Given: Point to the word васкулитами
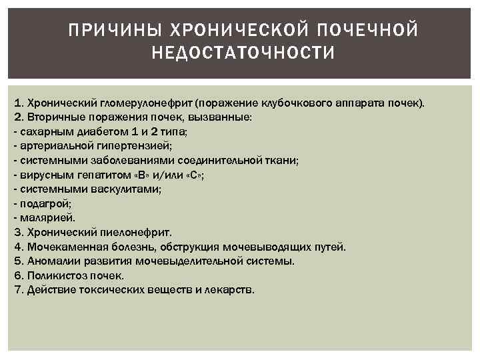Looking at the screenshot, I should [129, 189].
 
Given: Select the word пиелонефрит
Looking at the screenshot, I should [139, 232].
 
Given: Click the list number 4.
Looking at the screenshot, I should [17, 247].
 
